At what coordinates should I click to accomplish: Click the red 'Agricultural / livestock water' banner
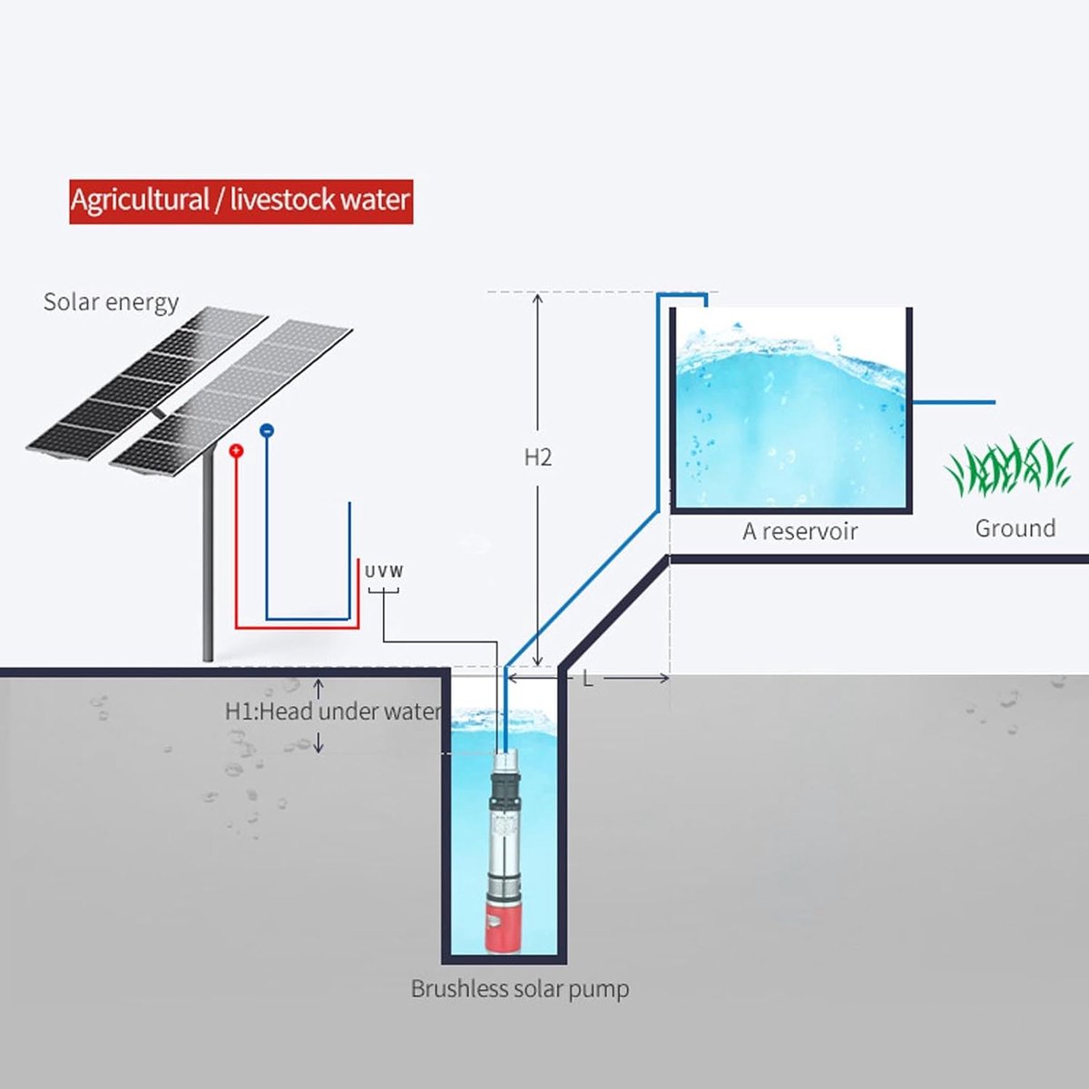(241, 201)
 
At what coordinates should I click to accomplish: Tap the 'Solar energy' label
(112, 303)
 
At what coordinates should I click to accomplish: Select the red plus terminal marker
(236, 450)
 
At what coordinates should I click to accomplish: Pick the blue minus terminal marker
(267, 430)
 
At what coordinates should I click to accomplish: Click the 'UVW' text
(384, 572)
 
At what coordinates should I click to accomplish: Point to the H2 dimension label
(537, 457)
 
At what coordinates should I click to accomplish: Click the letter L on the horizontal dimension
(588, 679)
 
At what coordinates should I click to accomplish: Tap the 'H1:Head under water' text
(332, 711)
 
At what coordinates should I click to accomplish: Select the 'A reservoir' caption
(800, 531)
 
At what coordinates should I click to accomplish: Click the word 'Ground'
(1015, 528)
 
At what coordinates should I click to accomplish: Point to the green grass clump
(1009, 466)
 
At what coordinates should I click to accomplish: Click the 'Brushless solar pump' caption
(519, 989)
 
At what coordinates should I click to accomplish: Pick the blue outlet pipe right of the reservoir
(954, 402)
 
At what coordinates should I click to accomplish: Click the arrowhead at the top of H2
(537, 298)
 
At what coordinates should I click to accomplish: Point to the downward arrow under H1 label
(319, 742)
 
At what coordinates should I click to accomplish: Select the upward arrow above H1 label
(319, 688)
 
